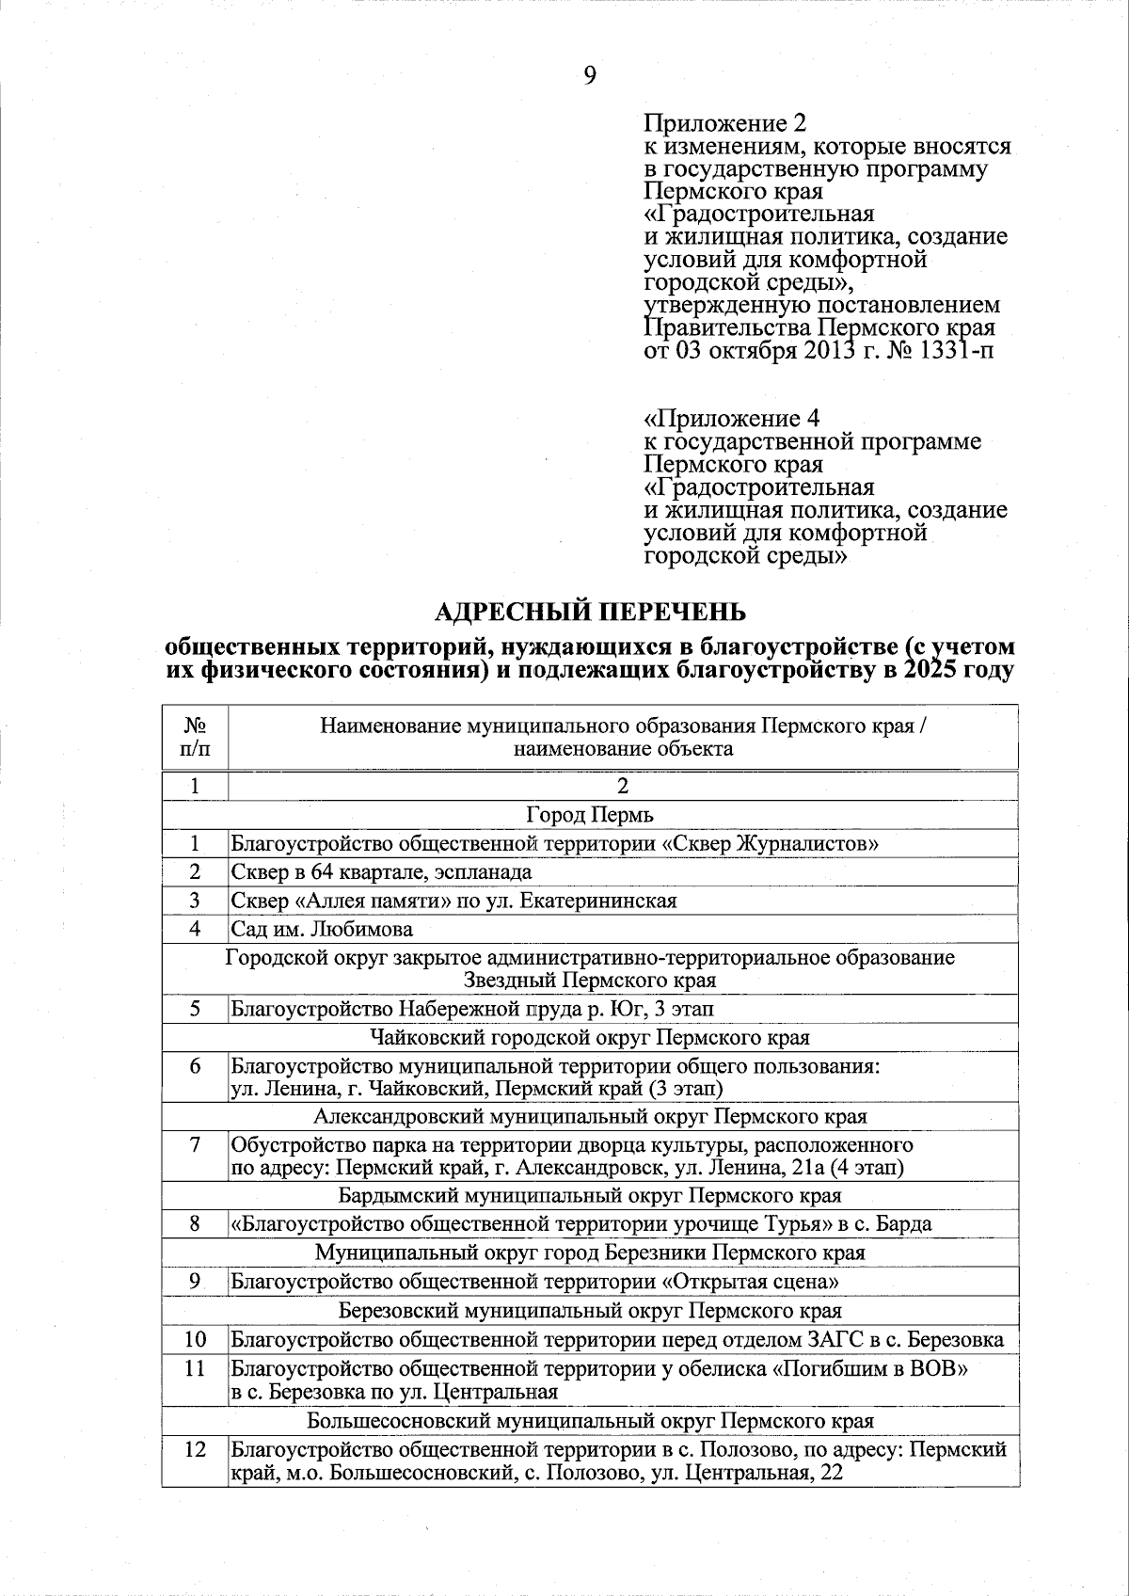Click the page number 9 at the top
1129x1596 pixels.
click(x=590, y=76)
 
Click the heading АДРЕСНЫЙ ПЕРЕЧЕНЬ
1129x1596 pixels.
click(x=590, y=612)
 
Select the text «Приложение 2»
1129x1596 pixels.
click(x=725, y=123)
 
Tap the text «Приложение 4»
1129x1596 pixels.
click(x=731, y=418)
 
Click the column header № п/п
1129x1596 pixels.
click(x=195, y=738)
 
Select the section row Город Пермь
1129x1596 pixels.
click(x=590, y=815)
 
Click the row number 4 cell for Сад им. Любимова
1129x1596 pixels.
click(x=195, y=930)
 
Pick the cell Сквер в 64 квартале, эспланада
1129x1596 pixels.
click(x=382, y=872)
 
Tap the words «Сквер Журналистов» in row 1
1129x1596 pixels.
click(x=771, y=844)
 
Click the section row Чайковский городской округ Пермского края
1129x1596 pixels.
click(x=590, y=1038)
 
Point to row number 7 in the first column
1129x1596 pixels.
click(x=195, y=1145)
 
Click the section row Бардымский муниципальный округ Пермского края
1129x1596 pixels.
click(x=590, y=1196)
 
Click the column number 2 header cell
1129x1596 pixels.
click(x=622, y=787)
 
